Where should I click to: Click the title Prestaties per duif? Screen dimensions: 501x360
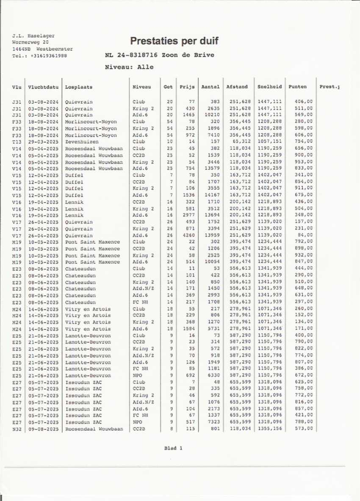coord(174,41)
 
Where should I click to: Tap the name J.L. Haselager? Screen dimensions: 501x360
coord(33,36)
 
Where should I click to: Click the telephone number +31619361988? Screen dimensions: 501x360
coord(48,55)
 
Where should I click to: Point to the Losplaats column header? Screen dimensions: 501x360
coord(79,87)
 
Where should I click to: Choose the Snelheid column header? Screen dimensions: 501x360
coord(269,87)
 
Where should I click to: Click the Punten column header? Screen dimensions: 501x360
coord(297,87)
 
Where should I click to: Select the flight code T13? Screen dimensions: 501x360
coord(17,142)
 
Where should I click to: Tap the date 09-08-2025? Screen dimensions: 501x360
coord(43,429)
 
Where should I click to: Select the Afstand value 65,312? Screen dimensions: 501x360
coord(239,142)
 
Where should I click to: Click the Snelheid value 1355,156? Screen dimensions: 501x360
coord(269,429)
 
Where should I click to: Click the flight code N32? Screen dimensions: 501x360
coord(17,429)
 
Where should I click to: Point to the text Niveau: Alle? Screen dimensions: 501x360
coord(129,67)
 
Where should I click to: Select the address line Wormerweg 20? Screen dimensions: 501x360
coord(30,42)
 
